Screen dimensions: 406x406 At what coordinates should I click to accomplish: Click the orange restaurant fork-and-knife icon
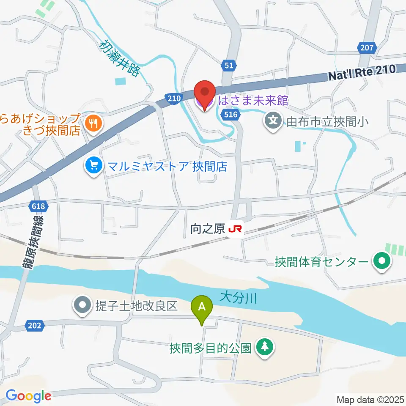coord(92,123)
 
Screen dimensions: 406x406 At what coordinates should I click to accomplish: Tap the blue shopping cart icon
coord(92,165)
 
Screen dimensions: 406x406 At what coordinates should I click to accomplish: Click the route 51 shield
coord(228,65)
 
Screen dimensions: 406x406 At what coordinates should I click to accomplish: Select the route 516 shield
coord(232,114)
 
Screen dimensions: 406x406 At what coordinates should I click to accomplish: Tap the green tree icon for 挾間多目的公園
coord(265,347)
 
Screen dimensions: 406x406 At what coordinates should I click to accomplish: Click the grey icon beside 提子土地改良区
coord(82,306)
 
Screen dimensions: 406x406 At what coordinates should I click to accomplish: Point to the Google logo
coord(28,396)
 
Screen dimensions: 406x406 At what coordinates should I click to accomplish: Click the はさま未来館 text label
coord(253,101)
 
